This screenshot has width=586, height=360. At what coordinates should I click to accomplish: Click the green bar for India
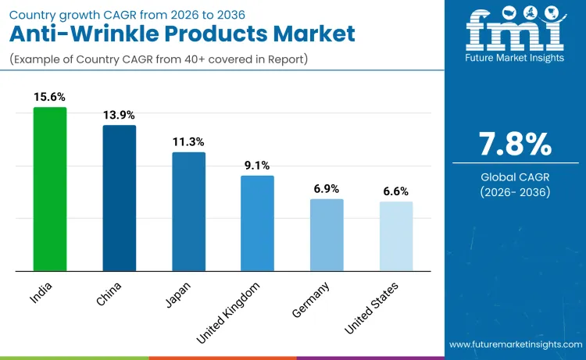point(50,189)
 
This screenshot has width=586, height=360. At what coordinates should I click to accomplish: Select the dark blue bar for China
point(119,198)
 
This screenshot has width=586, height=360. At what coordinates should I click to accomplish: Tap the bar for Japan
point(188,212)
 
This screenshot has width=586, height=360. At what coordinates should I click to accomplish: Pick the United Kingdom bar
point(257,223)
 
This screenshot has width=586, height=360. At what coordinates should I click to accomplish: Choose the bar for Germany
point(327,235)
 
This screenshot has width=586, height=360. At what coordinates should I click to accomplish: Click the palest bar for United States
point(395,237)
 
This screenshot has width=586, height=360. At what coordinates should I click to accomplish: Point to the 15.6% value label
point(50,97)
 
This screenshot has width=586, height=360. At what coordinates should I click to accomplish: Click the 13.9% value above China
point(119,115)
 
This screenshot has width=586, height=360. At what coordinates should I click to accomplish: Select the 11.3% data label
point(188,141)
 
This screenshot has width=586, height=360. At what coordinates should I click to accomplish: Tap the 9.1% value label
point(257,165)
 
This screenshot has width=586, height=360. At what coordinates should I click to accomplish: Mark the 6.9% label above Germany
point(327,188)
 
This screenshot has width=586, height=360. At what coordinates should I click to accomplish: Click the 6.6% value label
point(395,191)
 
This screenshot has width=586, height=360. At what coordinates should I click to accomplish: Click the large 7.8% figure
point(515,144)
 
